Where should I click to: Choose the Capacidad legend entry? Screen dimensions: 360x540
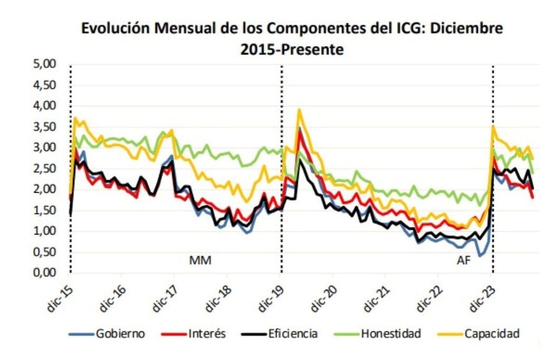click(x=493, y=334)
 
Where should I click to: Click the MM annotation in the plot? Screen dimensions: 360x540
click(x=200, y=260)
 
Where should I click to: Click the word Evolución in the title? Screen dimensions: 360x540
click(x=115, y=29)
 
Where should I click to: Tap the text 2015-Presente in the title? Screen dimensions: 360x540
click(x=292, y=50)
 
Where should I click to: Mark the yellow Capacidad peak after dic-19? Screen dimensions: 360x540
click(x=300, y=110)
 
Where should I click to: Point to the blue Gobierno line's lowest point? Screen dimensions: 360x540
click(x=479, y=256)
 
